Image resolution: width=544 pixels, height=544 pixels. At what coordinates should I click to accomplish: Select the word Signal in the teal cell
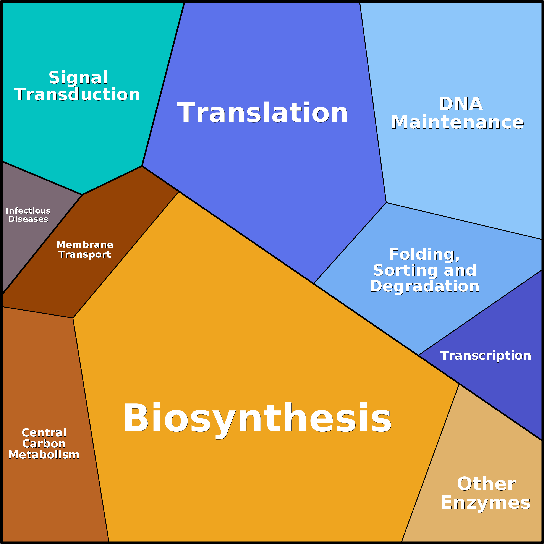click(x=78, y=78)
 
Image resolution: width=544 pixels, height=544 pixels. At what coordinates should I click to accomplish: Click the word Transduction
click(x=77, y=95)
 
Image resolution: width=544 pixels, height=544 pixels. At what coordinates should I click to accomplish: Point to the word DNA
click(x=460, y=104)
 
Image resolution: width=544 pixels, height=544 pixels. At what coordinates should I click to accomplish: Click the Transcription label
click(x=486, y=356)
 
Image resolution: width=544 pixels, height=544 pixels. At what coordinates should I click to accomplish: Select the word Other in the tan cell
click(x=486, y=484)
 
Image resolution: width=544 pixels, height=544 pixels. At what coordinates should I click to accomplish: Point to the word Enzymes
click(x=486, y=503)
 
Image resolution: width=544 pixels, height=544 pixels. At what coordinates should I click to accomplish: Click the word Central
click(x=44, y=432)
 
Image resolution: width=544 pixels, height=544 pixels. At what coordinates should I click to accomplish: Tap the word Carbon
click(x=44, y=444)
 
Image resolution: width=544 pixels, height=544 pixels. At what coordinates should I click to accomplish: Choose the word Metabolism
click(x=44, y=455)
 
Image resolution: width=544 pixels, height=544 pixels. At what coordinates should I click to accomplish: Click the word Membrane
click(x=85, y=244)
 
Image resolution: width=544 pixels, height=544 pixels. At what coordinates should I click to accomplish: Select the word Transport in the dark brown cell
click(x=85, y=254)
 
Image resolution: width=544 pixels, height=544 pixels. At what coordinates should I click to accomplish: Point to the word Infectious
click(x=28, y=211)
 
